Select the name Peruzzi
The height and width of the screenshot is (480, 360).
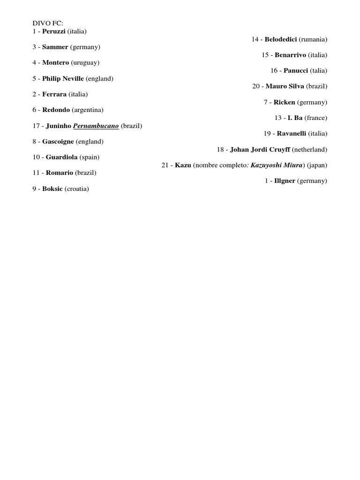coord(54,31)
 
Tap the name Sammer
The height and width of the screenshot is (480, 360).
coord(55,47)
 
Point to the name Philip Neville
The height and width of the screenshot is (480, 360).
coord(63,78)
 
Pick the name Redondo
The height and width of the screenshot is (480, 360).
coord(56,110)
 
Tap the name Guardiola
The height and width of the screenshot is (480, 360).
coord(62,157)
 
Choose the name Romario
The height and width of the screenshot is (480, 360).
coord(60,172)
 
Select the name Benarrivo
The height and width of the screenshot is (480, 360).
coord(290,55)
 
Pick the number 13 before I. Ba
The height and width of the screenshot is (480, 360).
coord(278,118)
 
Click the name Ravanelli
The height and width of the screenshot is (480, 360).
coord(292,134)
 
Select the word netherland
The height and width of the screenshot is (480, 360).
coord(309,149)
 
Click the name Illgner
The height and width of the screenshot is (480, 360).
coord(285,180)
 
